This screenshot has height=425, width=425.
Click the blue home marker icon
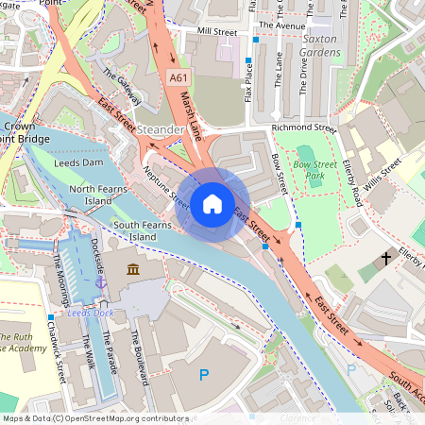(x=212, y=203)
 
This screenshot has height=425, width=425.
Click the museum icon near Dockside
(x=132, y=271)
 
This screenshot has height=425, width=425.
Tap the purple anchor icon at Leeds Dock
(x=100, y=281)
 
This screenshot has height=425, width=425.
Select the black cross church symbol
(x=386, y=257)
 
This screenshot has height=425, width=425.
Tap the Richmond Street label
(x=303, y=127)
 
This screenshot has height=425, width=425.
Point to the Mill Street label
(x=217, y=31)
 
